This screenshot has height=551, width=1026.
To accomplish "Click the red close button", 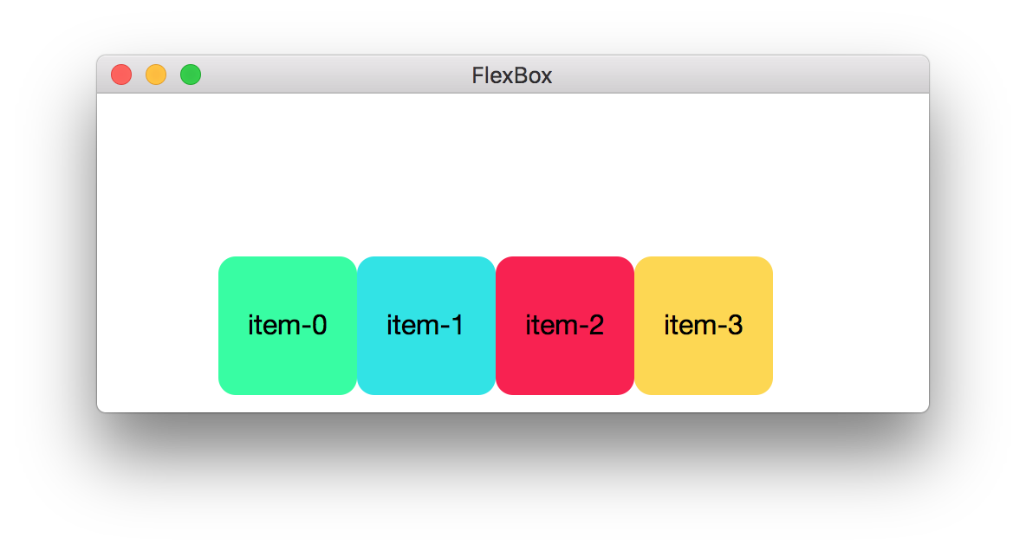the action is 121,75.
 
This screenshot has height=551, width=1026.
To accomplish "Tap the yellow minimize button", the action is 156,75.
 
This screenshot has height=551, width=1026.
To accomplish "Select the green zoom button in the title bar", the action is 191,75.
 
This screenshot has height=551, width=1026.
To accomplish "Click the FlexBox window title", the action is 512,75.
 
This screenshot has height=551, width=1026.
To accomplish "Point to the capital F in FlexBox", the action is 477,75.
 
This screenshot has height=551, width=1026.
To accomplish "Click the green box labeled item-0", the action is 288,364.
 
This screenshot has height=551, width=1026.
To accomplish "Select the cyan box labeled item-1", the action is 426,364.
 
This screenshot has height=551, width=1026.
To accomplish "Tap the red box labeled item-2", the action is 565,364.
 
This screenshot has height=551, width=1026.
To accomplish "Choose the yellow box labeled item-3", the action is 704,364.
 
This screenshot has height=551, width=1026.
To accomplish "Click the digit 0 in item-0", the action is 318,326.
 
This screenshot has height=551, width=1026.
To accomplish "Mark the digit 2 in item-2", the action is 595,326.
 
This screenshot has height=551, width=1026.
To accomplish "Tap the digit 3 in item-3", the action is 734,326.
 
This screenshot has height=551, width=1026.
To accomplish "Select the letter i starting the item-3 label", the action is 666,326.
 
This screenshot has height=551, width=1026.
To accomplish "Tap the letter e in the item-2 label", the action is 546,327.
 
